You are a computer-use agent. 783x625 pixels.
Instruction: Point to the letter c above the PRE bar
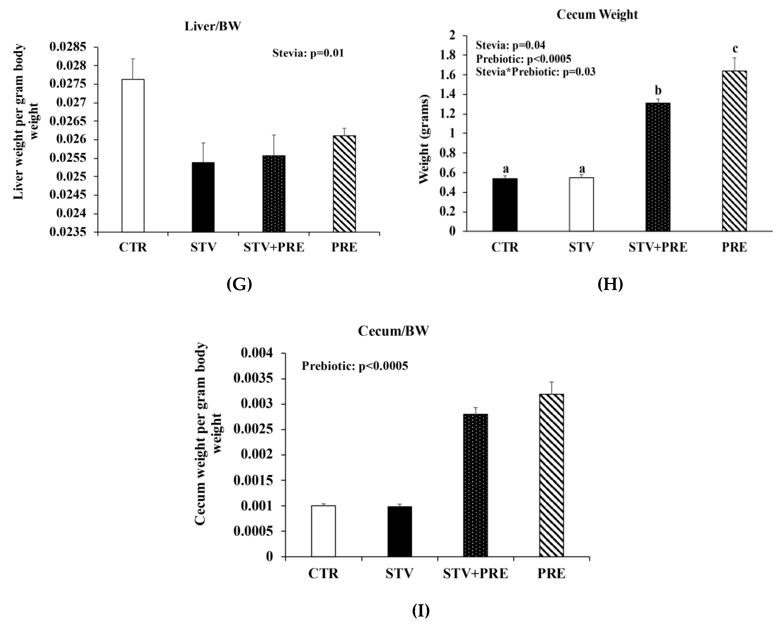coord(735,48)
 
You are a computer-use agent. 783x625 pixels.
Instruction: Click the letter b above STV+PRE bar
coord(658,90)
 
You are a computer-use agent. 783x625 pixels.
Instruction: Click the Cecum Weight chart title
coord(597,15)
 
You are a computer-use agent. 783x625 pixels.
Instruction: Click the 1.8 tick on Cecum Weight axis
coord(447,55)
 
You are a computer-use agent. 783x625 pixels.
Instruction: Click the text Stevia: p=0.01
coord(308,53)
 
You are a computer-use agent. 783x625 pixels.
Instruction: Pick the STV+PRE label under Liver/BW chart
coord(274,247)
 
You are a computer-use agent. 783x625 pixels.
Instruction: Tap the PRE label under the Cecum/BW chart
coord(551,573)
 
